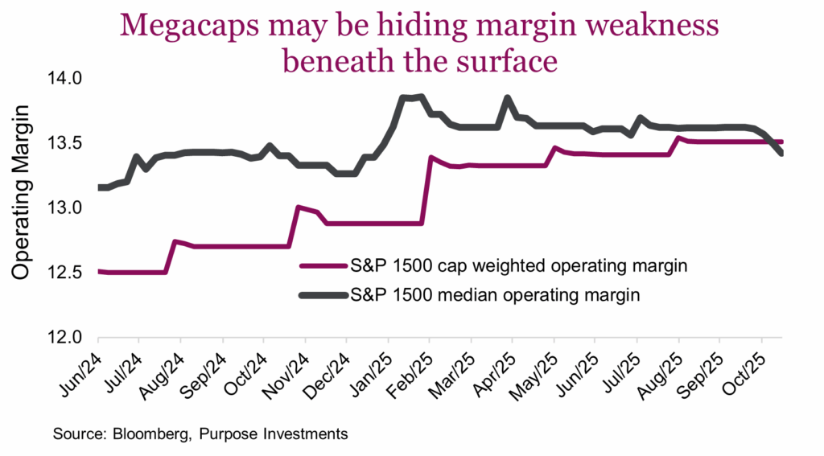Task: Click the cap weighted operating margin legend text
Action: pos(518,266)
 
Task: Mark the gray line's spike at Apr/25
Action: pos(507,98)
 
